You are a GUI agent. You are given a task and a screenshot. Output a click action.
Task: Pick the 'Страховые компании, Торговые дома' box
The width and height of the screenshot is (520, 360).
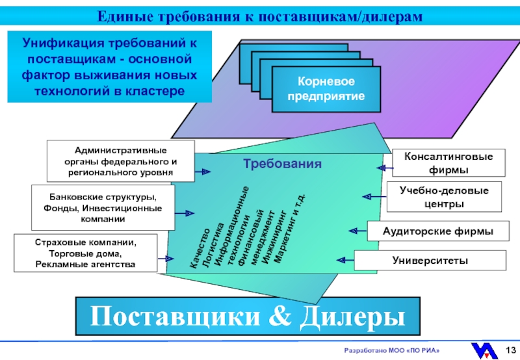coord(85,253)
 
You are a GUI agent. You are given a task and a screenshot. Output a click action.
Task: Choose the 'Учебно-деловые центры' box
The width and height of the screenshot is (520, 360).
coord(448,196)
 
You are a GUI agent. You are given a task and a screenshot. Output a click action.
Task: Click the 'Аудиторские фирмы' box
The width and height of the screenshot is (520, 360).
coord(437,231)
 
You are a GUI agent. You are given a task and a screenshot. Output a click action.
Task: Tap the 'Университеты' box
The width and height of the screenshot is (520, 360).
coord(430,261)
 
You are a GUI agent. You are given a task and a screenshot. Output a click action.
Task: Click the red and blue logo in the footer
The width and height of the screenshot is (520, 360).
coord(484,350)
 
